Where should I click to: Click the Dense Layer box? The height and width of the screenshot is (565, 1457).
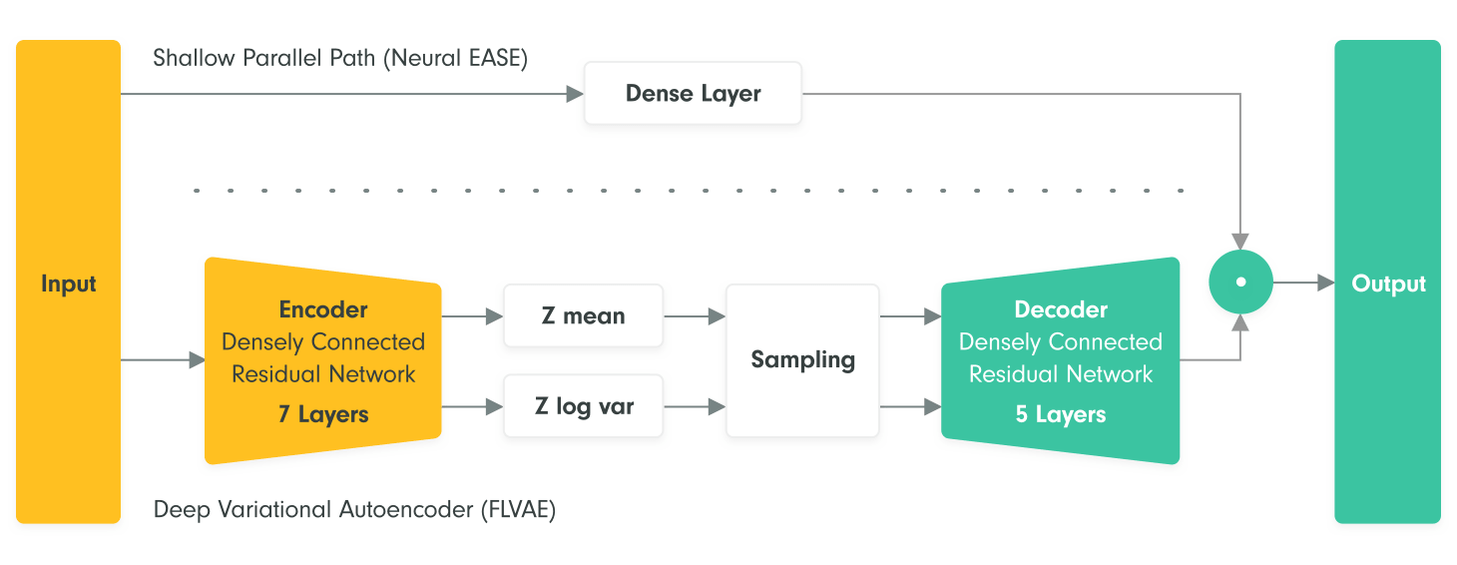pyautogui.click(x=693, y=93)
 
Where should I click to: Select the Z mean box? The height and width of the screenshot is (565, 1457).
pyautogui.click(x=584, y=315)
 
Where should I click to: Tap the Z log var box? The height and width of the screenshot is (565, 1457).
pyautogui.click(x=584, y=406)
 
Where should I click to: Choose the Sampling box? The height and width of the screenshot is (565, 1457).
pyautogui.click(x=802, y=360)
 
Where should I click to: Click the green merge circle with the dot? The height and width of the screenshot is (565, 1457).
pyautogui.click(x=1240, y=282)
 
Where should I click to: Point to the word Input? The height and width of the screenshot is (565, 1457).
pyautogui.click(x=68, y=283)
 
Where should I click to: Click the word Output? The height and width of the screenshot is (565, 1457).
pyautogui.click(x=1388, y=283)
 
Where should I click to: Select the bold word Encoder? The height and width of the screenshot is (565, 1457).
pyautogui.click(x=323, y=309)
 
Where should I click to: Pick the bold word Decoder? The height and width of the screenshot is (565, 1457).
pyautogui.click(x=1061, y=309)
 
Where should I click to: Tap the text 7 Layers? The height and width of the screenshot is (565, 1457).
pyautogui.click(x=323, y=414)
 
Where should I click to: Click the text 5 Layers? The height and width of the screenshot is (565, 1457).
pyautogui.click(x=1061, y=414)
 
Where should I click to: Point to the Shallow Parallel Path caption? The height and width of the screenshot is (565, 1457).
pyautogui.click(x=340, y=58)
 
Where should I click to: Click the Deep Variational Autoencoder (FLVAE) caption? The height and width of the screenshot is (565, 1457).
pyautogui.click(x=354, y=509)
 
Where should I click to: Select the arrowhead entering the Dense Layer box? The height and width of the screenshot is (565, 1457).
pyautogui.click(x=575, y=94)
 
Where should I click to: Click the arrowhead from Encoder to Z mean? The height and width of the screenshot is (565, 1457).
pyautogui.click(x=494, y=316)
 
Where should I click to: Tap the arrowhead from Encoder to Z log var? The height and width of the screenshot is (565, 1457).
pyautogui.click(x=494, y=407)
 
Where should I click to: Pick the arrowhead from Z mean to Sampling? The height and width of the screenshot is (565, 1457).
pyautogui.click(x=717, y=316)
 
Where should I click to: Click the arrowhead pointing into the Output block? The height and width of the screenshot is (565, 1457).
pyautogui.click(x=1325, y=282)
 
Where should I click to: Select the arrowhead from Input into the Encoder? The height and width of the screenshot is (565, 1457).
pyautogui.click(x=197, y=359)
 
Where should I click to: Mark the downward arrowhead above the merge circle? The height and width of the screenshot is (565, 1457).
pyautogui.click(x=1240, y=241)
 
